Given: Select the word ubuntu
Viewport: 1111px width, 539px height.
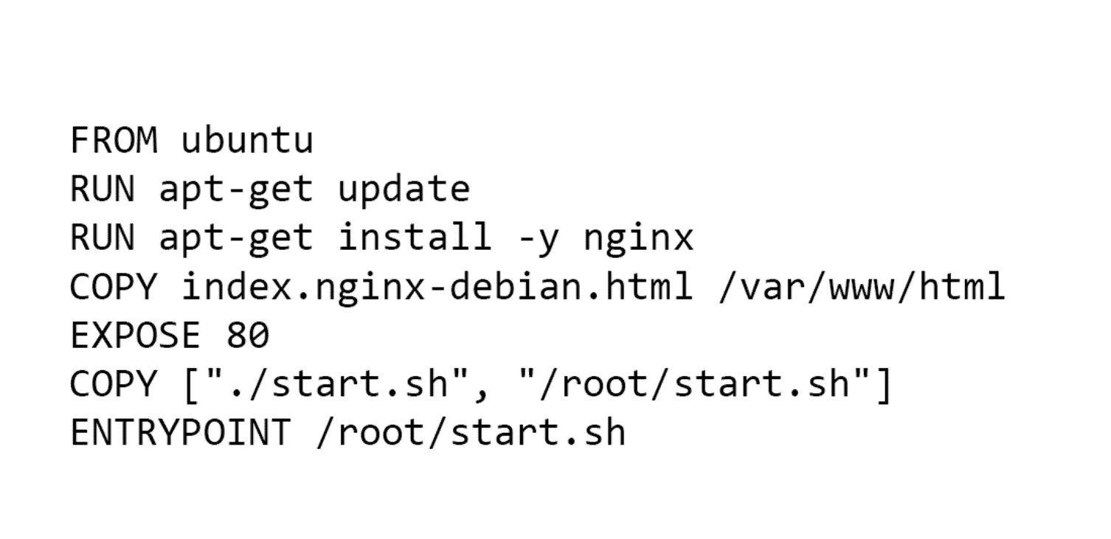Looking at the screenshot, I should (247, 141).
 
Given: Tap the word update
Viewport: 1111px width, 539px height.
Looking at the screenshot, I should (403, 189).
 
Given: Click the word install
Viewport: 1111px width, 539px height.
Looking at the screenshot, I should (415, 238).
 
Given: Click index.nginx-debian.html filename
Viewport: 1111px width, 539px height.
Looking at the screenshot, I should (437, 287).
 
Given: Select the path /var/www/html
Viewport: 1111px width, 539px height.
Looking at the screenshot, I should (861, 287).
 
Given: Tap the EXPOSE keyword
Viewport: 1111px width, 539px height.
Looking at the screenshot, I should (135, 335).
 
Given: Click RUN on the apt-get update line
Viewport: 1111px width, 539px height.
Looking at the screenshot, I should (102, 189).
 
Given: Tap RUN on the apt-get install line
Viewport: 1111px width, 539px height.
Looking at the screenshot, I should (102, 238).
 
